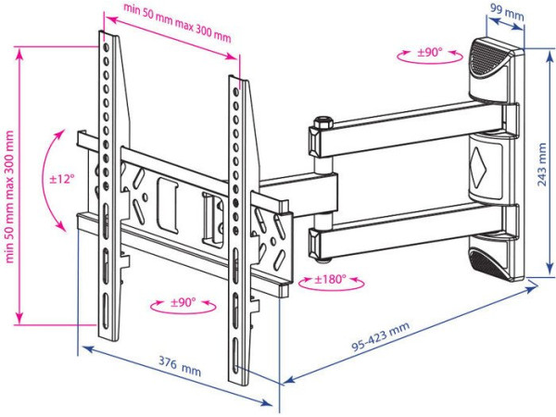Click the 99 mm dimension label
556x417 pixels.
(x=507, y=12)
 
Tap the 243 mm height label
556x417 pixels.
(x=541, y=164)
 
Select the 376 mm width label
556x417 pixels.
(x=180, y=366)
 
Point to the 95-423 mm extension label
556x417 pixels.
(x=381, y=336)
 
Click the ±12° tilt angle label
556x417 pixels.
(x=62, y=179)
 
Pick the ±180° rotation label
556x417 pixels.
(x=330, y=279)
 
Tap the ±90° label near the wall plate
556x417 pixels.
(x=430, y=53)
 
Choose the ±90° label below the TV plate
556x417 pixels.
(x=183, y=302)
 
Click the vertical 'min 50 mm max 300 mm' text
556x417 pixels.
(x=9, y=196)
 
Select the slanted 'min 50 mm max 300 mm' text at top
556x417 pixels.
(x=177, y=22)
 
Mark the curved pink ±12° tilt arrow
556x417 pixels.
(x=52, y=181)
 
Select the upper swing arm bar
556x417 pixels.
(x=408, y=129)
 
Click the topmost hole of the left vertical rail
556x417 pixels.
(x=106, y=47)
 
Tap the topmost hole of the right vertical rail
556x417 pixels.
(x=235, y=93)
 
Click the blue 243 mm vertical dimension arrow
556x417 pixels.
(x=550, y=162)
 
